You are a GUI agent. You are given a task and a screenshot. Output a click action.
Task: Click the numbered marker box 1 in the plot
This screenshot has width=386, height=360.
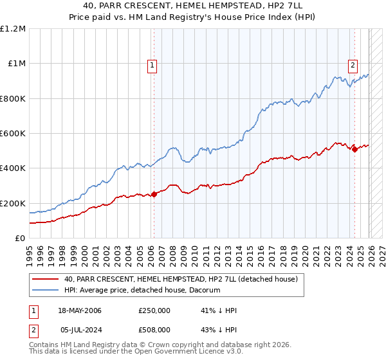tap(152, 64)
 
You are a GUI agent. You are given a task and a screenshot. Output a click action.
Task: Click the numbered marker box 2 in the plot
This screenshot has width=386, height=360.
tap(353, 64)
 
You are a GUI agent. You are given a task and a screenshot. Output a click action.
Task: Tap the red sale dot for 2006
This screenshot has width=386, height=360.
tap(154, 195)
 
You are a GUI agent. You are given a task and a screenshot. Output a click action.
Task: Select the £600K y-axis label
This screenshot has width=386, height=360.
tap(13, 134)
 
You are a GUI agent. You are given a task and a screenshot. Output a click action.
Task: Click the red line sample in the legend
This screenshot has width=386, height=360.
tap(46, 280)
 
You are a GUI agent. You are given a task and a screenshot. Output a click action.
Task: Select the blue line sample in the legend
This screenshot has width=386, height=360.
tap(46, 291)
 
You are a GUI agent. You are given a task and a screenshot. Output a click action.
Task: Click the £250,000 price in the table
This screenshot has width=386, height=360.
tap(154, 310)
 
